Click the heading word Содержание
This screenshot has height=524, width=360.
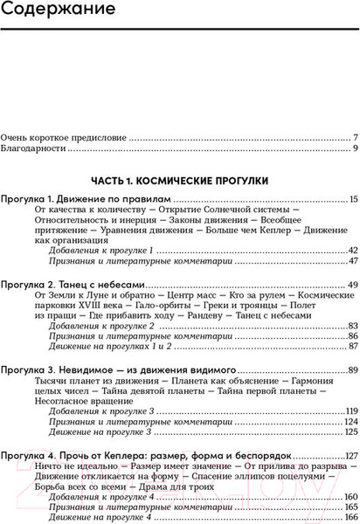(x=59, y=13)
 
